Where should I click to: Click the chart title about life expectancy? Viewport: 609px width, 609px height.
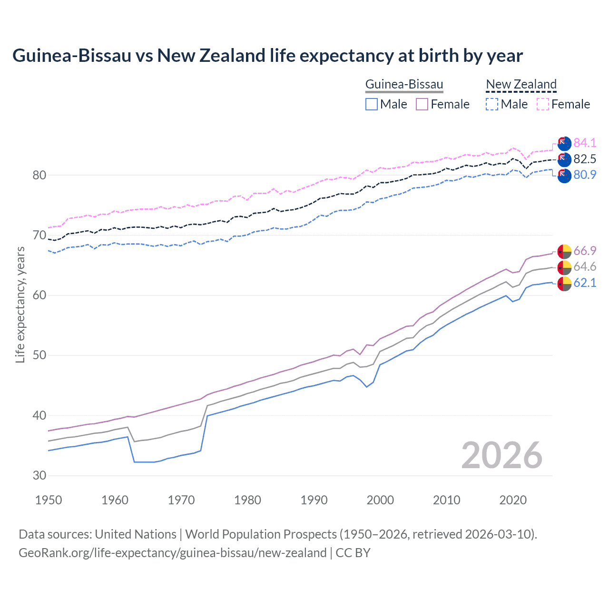(x=267, y=56)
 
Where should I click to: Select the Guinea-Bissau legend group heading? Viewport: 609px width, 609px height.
(x=404, y=85)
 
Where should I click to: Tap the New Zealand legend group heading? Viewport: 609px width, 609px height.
(x=521, y=85)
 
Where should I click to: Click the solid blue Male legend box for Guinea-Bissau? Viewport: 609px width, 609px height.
(x=372, y=104)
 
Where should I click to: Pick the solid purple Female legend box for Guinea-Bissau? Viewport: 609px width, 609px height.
(x=422, y=104)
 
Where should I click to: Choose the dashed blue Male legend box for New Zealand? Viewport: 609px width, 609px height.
(x=492, y=104)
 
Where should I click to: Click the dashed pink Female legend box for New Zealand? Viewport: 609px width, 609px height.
(x=543, y=104)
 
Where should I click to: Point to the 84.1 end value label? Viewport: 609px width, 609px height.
(x=585, y=143)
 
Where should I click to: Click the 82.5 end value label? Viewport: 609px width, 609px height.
(x=585, y=159)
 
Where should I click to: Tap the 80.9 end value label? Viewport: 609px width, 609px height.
(x=585, y=175)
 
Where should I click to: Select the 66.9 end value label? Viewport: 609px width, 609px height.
(x=585, y=251)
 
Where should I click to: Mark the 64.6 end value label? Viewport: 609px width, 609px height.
(x=585, y=267)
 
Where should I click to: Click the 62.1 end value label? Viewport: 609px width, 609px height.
(x=585, y=283)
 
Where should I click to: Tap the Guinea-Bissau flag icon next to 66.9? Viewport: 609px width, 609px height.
(x=564, y=251)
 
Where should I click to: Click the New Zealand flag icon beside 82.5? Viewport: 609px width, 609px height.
(x=564, y=159)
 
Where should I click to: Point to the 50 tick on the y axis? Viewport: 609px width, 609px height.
(x=39, y=355)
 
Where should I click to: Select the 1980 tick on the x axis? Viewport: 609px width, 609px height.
(x=247, y=500)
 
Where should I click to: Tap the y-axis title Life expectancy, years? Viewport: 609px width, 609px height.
(x=20, y=304)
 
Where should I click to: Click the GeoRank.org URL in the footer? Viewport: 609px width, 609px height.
(x=172, y=553)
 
